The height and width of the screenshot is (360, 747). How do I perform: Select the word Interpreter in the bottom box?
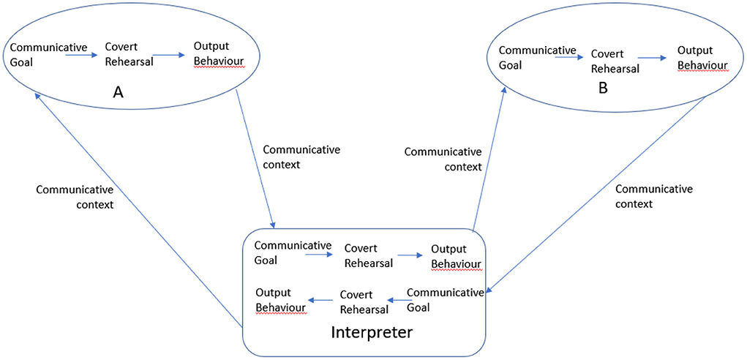(x=372, y=332)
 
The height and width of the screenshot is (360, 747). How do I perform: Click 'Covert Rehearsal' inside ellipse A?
(x=129, y=55)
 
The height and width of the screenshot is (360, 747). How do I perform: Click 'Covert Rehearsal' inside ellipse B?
(x=615, y=61)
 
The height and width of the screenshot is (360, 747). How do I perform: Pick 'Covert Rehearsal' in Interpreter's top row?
(x=369, y=255)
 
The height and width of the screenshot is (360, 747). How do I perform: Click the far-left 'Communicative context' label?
(x=75, y=198)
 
